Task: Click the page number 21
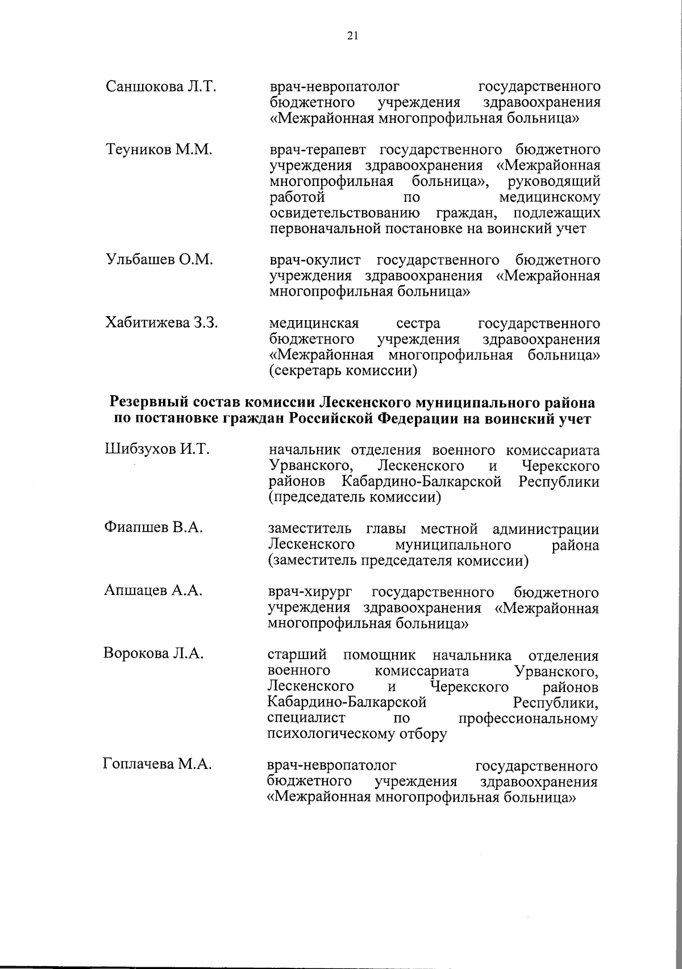352,36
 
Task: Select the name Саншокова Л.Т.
161,87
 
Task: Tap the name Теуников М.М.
159,150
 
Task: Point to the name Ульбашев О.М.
159,260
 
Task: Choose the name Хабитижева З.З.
162,323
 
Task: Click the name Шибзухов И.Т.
157,450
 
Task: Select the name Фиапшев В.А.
153,528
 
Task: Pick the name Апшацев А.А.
153,591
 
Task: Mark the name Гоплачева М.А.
157,765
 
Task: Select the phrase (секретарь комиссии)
344,371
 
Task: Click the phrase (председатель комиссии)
355,498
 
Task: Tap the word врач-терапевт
319,150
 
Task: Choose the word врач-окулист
315,260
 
